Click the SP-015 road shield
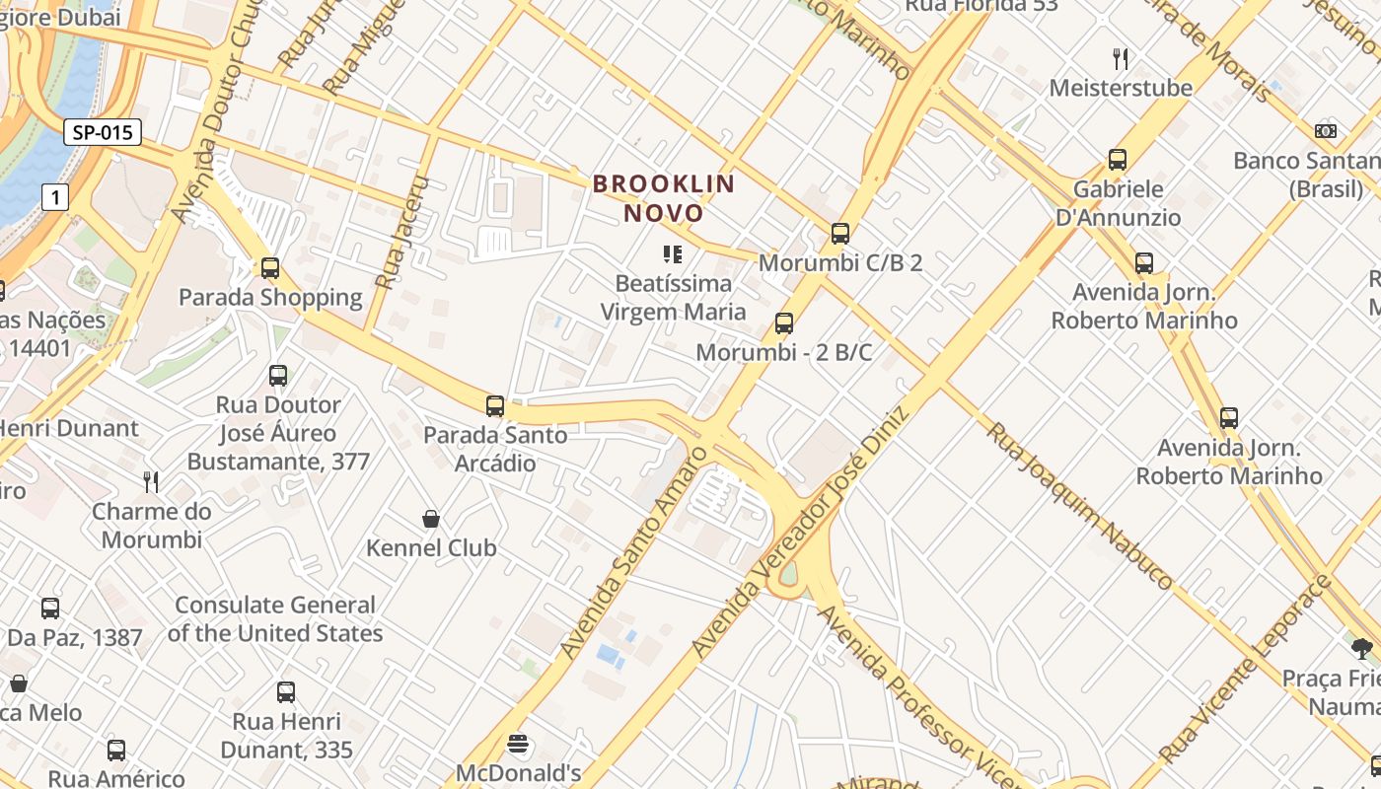point(103,132)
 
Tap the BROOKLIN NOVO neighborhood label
point(663,198)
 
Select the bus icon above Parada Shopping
point(270,267)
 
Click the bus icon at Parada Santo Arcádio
point(495,405)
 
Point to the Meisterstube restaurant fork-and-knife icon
point(1120,59)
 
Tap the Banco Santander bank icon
point(1326,131)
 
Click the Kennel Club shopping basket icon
point(431,519)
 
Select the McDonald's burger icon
point(518,744)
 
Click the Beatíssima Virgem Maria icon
point(674,255)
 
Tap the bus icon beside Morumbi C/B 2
point(839,234)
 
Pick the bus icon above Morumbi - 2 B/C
point(784,323)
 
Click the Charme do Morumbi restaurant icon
point(151,482)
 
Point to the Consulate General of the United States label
point(275,619)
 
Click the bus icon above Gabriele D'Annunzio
point(1118,160)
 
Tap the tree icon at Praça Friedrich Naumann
point(1362,648)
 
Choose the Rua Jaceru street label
point(399,232)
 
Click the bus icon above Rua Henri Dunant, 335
point(286,692)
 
